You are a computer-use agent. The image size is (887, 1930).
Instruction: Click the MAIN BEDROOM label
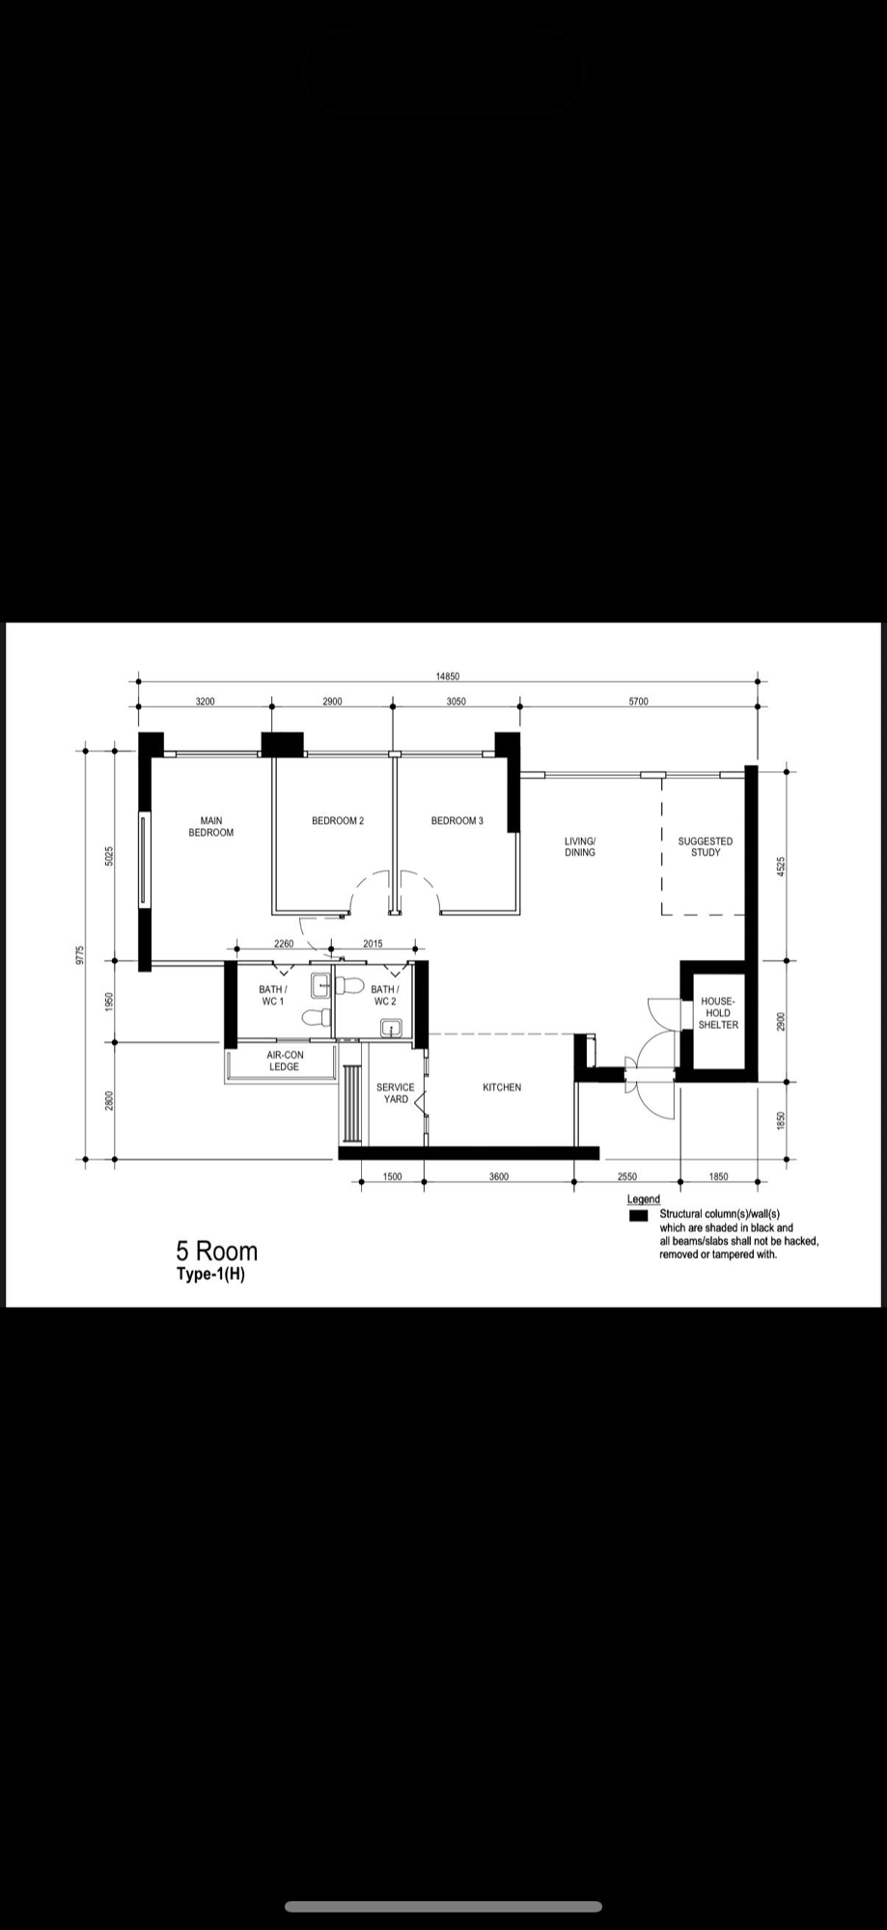(x=210, y=827)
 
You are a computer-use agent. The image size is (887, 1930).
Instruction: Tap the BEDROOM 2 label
(x=338, y=821)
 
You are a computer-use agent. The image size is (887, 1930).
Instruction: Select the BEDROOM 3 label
(x=457, y=821)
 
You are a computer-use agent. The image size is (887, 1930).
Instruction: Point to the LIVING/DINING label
(x=580, y=846)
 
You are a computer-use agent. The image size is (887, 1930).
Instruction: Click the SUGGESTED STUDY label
(x=705, y=846)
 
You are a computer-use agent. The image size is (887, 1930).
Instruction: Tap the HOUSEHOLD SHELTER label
(x=718, y=1013)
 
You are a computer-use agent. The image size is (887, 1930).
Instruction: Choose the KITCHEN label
(x=502, y=1088)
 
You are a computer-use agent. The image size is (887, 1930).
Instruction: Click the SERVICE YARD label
(x=396, y=1092)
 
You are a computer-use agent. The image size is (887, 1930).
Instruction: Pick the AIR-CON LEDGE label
(x=285, y=1061)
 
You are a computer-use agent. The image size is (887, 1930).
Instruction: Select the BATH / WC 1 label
(x=272, y=995)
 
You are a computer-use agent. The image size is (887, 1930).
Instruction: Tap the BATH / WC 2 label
(x=384, y=995)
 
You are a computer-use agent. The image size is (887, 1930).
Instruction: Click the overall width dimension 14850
(x=448, y=676)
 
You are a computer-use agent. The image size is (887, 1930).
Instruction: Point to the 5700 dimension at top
(x=638, y=702)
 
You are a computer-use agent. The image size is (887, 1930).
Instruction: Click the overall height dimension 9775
(x=81, y=954)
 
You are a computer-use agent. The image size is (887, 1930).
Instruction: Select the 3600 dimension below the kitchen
(x=499, y=1176)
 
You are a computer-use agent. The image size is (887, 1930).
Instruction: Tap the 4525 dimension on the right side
(x=782, y=867)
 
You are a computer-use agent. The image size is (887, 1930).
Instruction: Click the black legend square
(x=638, y=1216)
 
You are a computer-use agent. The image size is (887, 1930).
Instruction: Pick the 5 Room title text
(x=216, y=1252)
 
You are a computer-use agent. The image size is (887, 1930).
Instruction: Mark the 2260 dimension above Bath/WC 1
(x=284, y=944)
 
